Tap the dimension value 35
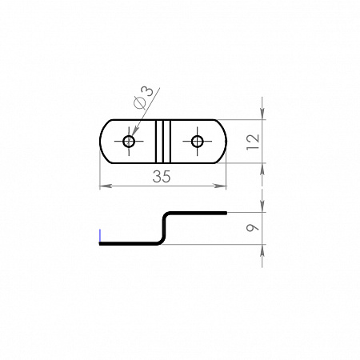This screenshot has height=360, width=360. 162,177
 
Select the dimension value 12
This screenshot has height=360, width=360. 253,142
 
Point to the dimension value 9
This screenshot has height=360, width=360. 253,227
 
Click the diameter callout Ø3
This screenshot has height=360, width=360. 144,98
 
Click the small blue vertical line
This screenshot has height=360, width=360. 100,235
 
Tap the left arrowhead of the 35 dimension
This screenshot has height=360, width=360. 106,186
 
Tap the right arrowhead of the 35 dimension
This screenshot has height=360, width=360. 220,186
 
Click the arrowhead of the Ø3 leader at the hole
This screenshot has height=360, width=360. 136,130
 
